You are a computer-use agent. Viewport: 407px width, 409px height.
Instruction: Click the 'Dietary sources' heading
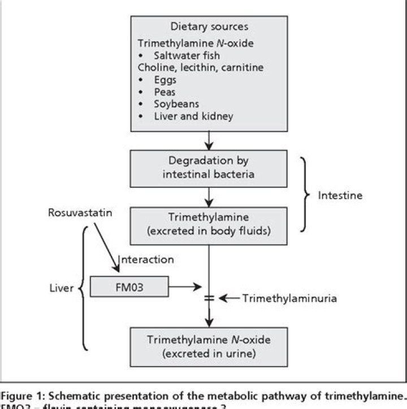[x=209, y=27]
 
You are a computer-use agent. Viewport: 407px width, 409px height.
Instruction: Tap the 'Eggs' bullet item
[x=164, y=80]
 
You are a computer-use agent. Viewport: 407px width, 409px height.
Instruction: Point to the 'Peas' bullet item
[x=164, y=92]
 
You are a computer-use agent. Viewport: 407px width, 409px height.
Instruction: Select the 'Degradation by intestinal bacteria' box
[x=209, y=169]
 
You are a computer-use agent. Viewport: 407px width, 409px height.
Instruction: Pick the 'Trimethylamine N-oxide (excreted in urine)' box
[x=209, y=346]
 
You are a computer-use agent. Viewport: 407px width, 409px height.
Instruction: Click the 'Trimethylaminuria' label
[x=290, y=298]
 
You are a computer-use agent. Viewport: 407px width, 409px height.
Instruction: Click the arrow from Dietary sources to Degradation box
[x=209, y=139]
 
